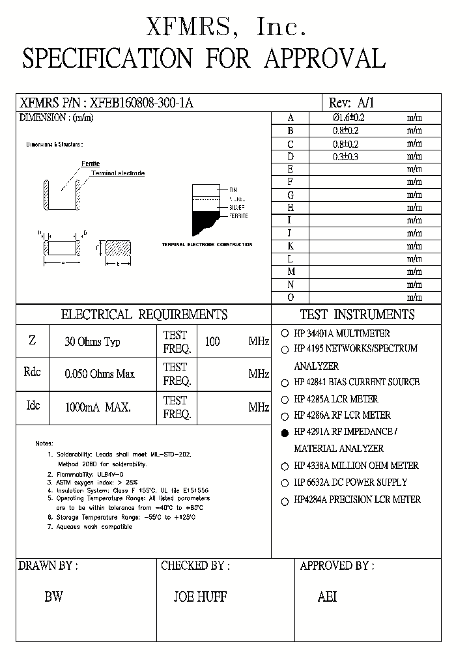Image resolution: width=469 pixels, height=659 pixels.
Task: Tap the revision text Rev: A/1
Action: pos(352,103)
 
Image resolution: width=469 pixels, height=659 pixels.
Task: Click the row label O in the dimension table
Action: pos(291,297)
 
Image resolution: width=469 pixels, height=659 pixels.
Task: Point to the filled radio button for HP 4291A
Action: pos(285,432)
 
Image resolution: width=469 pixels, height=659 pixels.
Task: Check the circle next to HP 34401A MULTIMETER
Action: pos(285,333)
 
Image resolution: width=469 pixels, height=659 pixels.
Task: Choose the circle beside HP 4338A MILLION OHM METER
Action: pos(285,466)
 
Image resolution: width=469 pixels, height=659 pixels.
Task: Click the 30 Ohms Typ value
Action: pos(92,342)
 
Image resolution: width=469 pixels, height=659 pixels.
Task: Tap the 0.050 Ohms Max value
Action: pos(100,374)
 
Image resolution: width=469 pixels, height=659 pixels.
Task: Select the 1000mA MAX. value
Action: pos(98,408)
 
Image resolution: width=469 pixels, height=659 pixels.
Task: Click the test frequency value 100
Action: pos(212,341)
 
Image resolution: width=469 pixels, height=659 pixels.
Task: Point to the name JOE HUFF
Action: pos(200,596)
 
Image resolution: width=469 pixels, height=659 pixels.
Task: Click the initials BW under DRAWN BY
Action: pos(53,596)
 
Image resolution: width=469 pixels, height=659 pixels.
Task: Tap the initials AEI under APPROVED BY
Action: pos(327,596)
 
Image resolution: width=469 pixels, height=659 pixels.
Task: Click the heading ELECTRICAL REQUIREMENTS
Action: pos(144,315)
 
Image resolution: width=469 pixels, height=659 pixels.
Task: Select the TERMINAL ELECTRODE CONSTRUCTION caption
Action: pos(206,244)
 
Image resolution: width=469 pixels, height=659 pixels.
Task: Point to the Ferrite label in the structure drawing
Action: pos(91,163)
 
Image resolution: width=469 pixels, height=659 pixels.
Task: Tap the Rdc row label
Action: pos(32,372)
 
